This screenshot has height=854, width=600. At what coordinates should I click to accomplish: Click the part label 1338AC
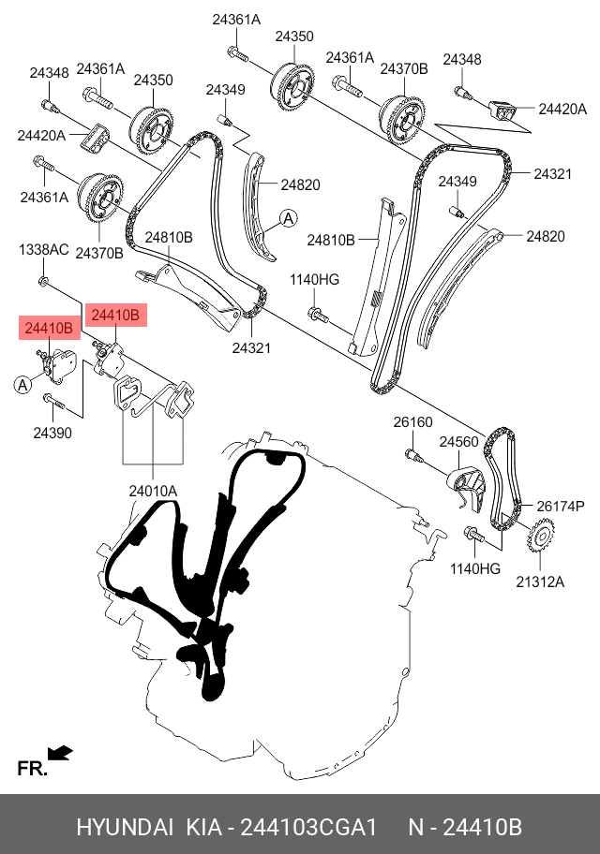(x=44, y=249)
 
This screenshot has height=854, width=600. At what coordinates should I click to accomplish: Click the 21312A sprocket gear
(x=541, y=537)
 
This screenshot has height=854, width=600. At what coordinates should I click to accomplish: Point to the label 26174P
(x=560, y=506)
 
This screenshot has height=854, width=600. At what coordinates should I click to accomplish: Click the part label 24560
(x=458, y=442)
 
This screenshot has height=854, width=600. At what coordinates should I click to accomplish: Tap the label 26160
(x=412, y=422)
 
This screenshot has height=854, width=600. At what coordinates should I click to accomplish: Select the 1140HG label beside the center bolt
(x=314, y=279)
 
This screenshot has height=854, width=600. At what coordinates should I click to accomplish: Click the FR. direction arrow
(x=60, y=751)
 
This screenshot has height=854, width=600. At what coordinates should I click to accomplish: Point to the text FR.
(x=31, y=770)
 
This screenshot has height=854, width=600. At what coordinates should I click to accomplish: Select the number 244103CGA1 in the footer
(x=308, y=828)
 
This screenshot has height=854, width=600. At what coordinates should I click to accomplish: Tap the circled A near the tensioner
(x=22, y=384)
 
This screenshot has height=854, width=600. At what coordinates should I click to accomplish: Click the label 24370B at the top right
(x=403, y=68)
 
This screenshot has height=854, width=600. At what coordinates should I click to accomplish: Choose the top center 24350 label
(x=293, y=37)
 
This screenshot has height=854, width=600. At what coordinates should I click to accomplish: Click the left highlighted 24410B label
(x=49, y=328)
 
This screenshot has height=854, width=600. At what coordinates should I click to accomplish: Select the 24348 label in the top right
(x=462, y=60)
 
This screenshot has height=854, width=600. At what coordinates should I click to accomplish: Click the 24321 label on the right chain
(x=552, y=174)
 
